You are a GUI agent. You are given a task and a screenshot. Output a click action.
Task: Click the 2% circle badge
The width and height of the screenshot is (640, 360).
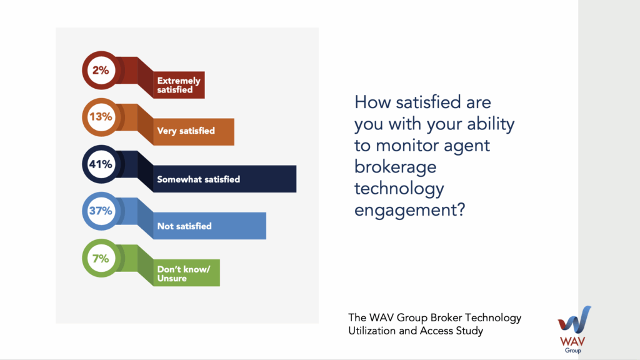pyautogui.click(x=101, y=70)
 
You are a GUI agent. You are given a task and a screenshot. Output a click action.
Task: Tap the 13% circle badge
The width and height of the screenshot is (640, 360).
pyautogui.click(x=101, y=117)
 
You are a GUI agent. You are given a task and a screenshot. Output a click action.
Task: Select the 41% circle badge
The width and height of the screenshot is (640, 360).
pyautogui.click(x=101, y=164)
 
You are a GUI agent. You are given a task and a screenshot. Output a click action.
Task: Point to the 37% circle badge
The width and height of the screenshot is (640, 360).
pyautogui.click(x=101, y=211)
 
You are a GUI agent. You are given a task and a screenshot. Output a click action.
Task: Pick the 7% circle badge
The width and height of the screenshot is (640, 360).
pyautogui.click(x=101, y=258)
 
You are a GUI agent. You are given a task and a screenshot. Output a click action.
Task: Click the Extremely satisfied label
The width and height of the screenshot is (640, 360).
pyautogui.click(x=179, y=85)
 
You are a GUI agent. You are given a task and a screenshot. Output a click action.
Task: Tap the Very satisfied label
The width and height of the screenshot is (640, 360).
pyautogui.click(x=186, y=131)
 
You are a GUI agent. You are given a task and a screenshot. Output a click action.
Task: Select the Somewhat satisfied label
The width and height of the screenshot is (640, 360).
pyautogui.click(x=199, y=179)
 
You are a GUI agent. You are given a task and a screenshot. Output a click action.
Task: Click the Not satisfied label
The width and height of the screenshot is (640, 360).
pyautogui.click(x=184, y=226)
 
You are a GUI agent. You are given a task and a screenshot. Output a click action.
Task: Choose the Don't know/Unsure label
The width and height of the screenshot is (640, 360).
pyautogui.click(x=184, y=274)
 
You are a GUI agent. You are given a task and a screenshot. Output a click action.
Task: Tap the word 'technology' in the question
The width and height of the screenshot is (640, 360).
pyautogui.click(x=399, y=189)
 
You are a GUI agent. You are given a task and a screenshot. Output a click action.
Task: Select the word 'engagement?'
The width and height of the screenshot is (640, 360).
pyautogui.click(x=410, y=211)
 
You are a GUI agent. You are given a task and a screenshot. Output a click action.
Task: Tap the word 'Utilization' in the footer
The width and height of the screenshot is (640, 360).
pyautogui.click(x=371, y=331)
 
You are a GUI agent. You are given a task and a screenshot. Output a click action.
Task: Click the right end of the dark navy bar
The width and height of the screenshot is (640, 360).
pyautogui.click(x=296, y=179)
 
